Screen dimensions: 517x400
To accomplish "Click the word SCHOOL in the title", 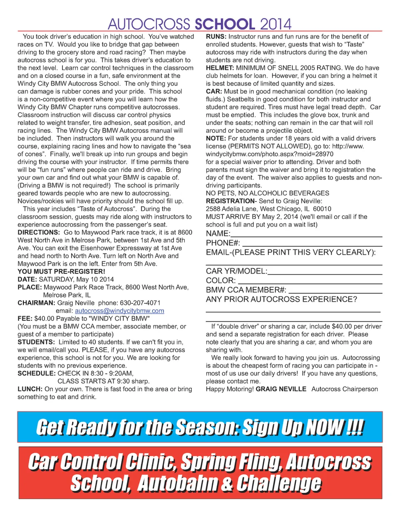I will [225, 24].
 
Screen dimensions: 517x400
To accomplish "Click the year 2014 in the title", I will [275, 24].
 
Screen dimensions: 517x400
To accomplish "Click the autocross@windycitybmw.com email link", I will [119, 311].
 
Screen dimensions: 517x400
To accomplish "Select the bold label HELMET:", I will [220, 68].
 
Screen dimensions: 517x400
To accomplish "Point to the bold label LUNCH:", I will [30, 389].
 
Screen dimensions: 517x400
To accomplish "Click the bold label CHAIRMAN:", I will [36, 303].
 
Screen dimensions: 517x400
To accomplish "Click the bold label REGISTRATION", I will [230, 201].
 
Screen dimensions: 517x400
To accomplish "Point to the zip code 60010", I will [322, 209].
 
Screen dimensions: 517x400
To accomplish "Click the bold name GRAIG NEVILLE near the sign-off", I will [281, 389].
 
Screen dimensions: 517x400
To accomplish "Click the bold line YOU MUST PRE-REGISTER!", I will [61, 272].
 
